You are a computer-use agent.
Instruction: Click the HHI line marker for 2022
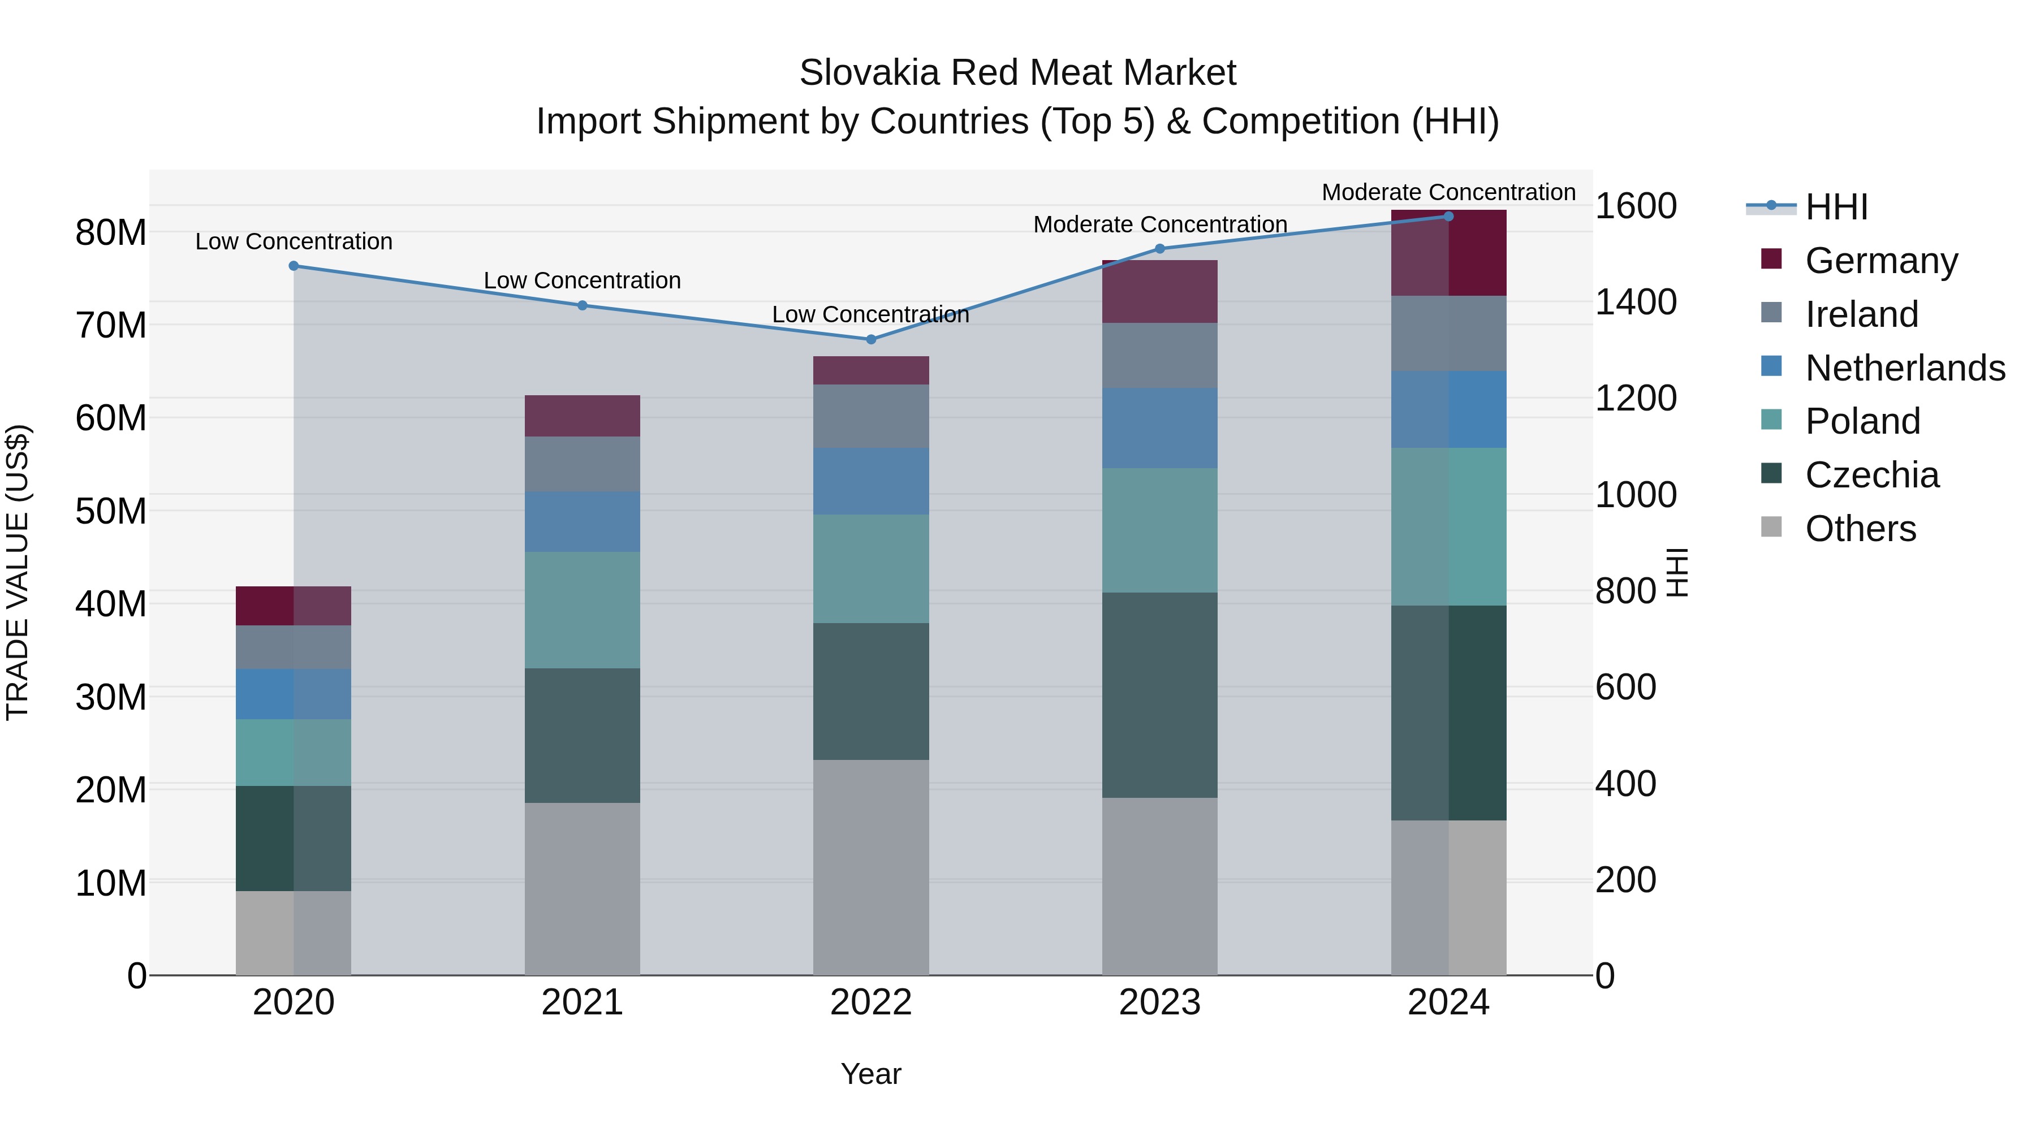871,339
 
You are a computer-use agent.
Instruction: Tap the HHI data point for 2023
1159,249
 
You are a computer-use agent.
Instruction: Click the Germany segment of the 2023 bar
1159,292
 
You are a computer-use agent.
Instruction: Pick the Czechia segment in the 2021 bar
583,736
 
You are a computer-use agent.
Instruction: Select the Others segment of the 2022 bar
871,867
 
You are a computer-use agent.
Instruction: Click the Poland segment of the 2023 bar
1159,530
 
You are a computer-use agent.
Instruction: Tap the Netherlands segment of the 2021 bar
583,522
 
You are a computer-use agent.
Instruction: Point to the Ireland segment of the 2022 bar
871,416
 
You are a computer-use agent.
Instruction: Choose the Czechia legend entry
1871,475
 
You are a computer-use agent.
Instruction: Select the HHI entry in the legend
1836,207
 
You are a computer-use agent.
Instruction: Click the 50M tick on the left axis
111,511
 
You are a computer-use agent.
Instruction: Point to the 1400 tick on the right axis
1635,302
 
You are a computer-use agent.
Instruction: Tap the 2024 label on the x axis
1448,1003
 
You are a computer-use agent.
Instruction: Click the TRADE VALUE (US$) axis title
18,572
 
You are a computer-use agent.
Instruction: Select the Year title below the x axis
871,1074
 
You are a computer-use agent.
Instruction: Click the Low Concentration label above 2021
583,280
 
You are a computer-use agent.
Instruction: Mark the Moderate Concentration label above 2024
1448,192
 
